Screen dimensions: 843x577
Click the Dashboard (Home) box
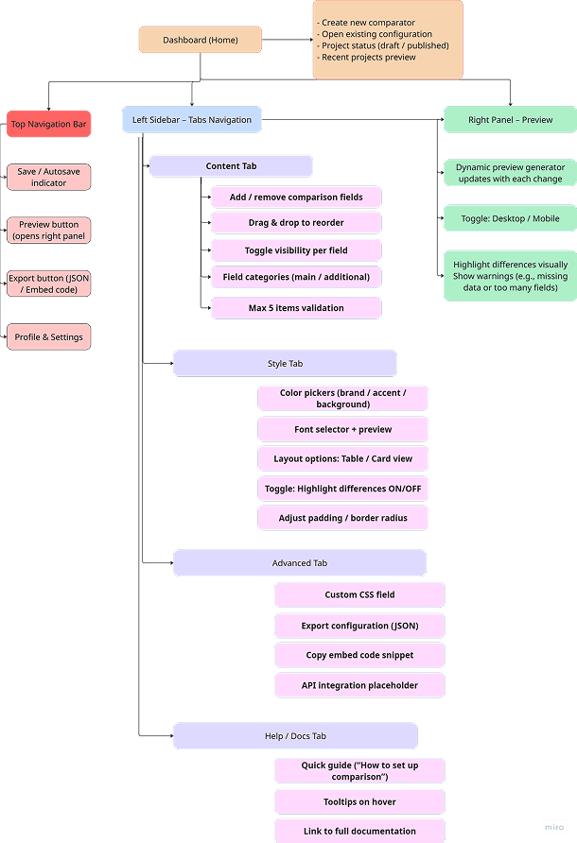pos(200,40)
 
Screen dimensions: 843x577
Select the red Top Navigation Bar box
pos(48,124)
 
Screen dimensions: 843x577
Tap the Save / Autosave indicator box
pos(48,177)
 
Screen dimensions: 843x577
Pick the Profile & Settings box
pos(48,336)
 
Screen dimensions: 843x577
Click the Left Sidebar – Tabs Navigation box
pos(192,120)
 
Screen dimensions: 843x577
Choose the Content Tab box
pos(231,166)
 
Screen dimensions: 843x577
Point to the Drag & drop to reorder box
pos(295,223)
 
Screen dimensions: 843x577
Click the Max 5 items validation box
pos(295,308)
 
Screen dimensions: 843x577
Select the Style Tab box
pos(285,364)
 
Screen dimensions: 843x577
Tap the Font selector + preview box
pos(342,429)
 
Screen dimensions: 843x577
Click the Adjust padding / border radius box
pos(342,518)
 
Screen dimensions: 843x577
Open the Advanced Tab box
pos(299,563)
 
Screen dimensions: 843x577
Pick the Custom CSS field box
pos(359,594)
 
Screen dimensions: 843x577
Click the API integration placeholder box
pos(359,685)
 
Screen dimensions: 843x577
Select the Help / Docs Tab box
pos(294,736)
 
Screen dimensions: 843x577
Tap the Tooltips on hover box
pos(359,802)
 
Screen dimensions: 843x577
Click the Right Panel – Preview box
pos(510,120)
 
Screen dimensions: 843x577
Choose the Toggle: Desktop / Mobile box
pos(510,218)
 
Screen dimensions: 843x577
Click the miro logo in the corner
pos(554,827)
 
